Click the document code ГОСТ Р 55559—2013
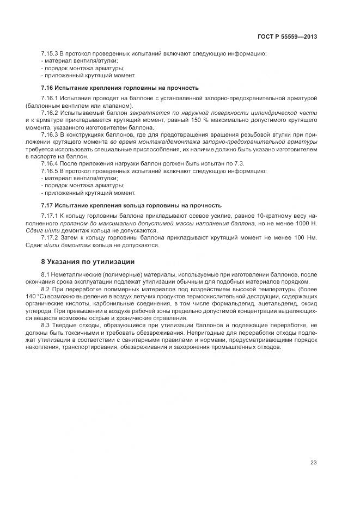coord(287,37)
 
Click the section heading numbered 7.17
coord(131,205)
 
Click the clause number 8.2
coord(46,290)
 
